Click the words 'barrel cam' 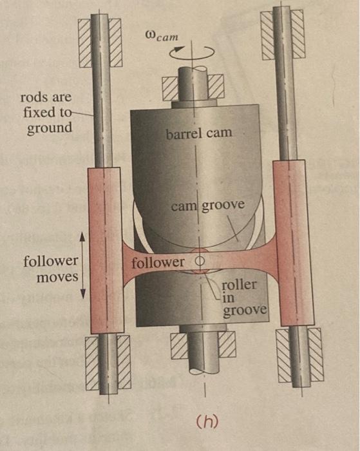199,134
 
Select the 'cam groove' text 207,206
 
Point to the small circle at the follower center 200,261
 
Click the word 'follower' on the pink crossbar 158,262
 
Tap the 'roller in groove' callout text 245,298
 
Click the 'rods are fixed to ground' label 46,113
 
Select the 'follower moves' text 51,269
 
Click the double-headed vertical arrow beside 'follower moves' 83,265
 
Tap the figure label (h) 207,421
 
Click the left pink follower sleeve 106,250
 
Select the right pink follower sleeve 293,243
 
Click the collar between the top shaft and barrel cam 194,104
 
